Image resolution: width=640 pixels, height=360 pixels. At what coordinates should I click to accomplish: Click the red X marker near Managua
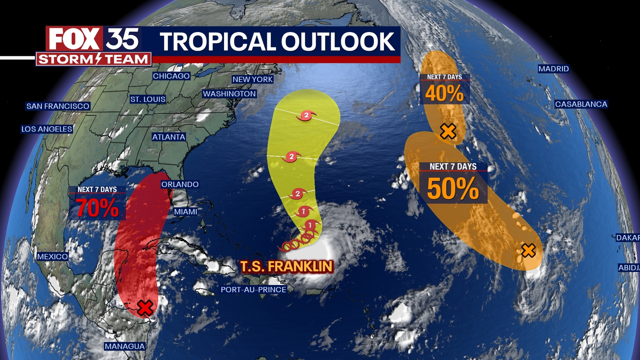tap(145, 308)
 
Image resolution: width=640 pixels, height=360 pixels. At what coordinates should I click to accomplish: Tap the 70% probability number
tap(97, 208)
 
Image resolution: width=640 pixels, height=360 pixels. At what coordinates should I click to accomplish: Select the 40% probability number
tap(444, 93)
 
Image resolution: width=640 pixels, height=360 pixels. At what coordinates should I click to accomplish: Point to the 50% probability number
tap(453, 189)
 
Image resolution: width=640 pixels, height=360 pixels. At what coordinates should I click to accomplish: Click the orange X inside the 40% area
tap(448, 131)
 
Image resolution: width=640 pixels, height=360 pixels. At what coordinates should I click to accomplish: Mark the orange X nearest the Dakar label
tap(528, 251)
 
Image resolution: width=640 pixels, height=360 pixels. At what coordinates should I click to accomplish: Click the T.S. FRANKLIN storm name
tap(286, 267)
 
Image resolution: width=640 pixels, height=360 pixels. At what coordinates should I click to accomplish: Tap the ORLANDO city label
tap(180, 184)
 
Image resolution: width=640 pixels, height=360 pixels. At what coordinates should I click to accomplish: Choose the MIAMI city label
tap(186, 212)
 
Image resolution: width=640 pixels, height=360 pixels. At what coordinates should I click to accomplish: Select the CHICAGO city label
tap(171, 76)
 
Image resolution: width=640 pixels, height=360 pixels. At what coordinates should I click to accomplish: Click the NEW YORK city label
tap(253, 79)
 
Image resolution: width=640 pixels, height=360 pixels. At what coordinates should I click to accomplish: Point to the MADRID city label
tap(554, 69)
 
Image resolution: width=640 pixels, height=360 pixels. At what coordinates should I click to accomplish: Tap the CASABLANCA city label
tap(581, 104)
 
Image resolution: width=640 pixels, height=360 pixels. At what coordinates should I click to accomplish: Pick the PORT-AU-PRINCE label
tap(253, 290)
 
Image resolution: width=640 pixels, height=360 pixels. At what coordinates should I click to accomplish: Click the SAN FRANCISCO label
tap(58, 106)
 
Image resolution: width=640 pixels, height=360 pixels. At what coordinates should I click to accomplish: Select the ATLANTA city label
tap(169, 137)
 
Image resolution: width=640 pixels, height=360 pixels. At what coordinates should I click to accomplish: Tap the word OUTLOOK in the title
tap(338, 42)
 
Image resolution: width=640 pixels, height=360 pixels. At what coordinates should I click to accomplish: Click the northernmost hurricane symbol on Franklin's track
tap(306, 116)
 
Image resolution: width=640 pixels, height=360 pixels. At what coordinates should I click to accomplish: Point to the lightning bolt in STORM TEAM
tap(99, 59)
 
